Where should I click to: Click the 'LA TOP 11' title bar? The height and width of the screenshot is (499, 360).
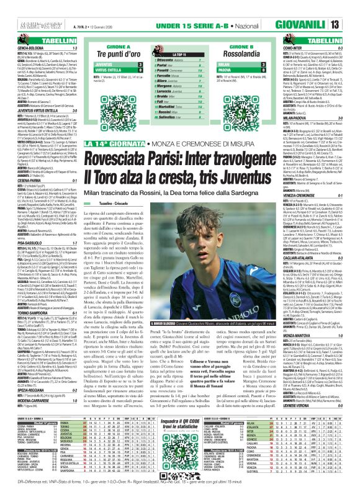click(177, 39)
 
